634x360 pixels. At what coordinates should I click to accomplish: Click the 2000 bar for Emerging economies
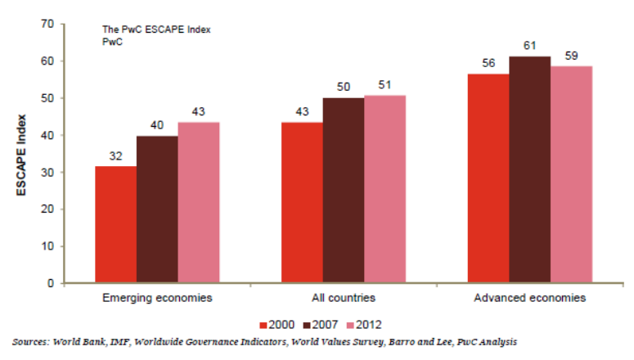click(x=115, y=224)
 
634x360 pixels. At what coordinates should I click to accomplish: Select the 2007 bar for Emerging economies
click(x=157, y=209)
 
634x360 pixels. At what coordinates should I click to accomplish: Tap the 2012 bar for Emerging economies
click(x=199, y=203)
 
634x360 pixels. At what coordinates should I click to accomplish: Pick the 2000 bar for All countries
click(x=302, y=203)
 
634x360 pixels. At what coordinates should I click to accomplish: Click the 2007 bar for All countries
click(x=344, y=191)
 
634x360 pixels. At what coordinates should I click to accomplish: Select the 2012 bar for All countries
click(x=385, y=189)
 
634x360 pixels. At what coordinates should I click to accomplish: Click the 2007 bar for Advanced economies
click(x=529, y=169)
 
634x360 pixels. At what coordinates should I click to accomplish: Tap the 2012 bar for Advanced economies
click(x=571, y=174)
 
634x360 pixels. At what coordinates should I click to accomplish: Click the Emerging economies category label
click(x=157, y=299)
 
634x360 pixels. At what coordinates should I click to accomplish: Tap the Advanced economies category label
click(x=529, y=299)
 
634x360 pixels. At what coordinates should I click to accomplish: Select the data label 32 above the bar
click(x=115, y=155)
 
